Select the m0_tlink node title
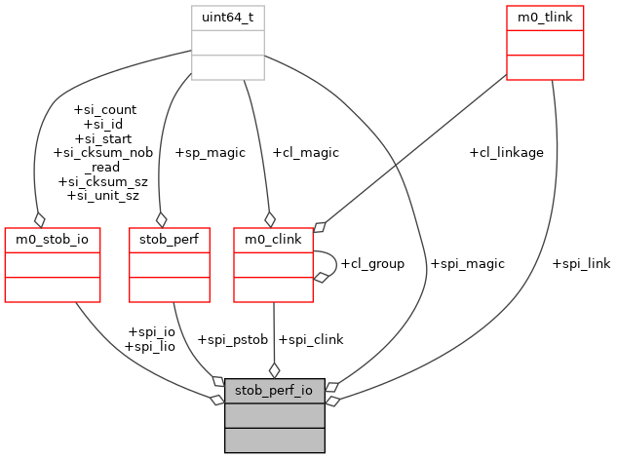[544, 18]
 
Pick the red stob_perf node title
[170, 239]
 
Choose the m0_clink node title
[273, 239]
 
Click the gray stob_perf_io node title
[274, 391]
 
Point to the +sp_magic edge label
[210, 152]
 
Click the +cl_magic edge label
[304, 152]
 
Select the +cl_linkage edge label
[506, 152]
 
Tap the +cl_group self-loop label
[371, 263]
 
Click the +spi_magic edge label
[467, 263]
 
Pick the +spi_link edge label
[581, 263]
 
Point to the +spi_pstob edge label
[232, 339]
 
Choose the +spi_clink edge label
[311, 339]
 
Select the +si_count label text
[105, 109]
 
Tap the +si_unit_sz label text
[102, 195]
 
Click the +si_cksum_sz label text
[102, 181]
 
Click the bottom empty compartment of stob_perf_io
[274, 440]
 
